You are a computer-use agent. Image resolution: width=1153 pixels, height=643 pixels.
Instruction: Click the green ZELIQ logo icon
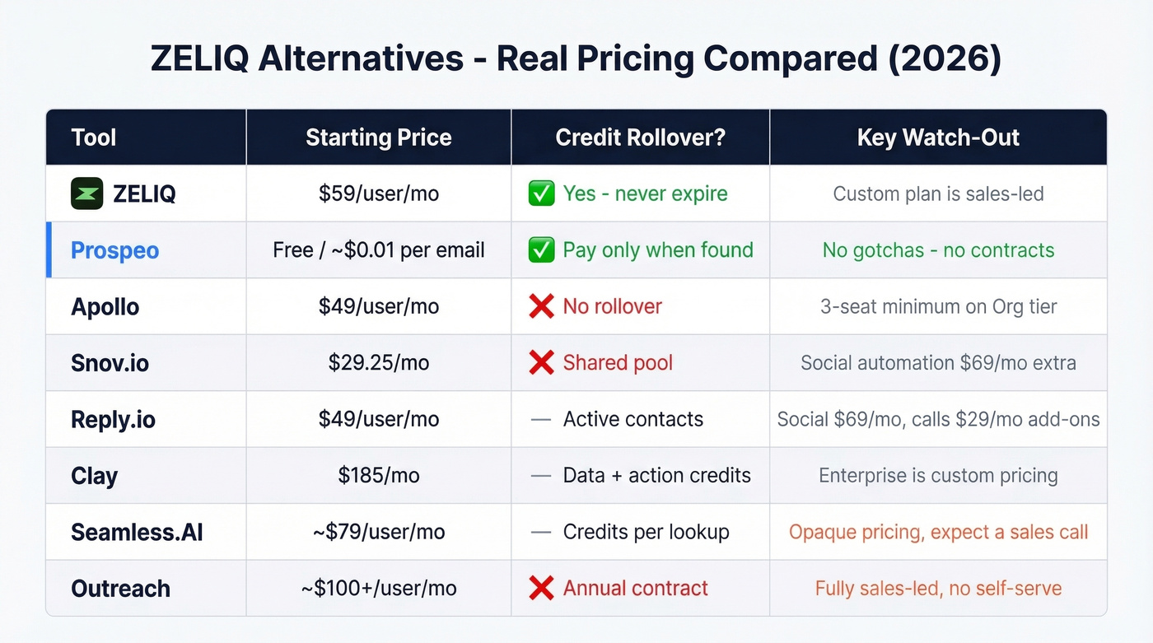click(86, 194)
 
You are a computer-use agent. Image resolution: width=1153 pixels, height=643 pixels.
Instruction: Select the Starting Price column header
click(378, 137)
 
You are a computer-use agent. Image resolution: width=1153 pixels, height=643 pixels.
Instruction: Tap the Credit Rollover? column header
click(640, 137)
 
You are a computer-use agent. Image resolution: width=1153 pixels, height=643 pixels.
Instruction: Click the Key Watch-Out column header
click(938, 137)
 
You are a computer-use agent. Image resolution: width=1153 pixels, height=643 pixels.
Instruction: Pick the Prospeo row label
click(114, 250)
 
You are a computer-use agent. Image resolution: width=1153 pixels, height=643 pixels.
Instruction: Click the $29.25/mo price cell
click(378, 363)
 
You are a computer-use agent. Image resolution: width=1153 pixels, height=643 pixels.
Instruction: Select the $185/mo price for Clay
click(378, 476)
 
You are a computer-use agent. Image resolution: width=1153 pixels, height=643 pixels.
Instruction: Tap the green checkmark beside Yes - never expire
click(541, 194)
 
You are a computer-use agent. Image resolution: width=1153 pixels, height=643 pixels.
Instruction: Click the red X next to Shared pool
click(541, 363)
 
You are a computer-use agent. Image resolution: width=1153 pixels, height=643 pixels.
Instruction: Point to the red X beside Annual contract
click(541, 589)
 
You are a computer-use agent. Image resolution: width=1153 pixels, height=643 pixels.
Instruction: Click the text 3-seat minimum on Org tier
click(938, 307)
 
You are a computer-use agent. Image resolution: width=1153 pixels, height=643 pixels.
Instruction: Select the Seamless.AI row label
click(137, 533)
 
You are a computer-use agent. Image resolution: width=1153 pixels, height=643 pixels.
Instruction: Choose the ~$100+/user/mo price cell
click(378, 589)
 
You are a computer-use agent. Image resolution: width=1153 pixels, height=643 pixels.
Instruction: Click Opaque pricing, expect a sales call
click(938, 533)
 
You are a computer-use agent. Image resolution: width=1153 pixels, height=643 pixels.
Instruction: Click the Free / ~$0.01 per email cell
click(378, 250)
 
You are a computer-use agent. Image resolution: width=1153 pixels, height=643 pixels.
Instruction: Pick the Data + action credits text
click(656, 476)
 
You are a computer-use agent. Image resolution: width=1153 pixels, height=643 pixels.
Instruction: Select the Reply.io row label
click(113, 420)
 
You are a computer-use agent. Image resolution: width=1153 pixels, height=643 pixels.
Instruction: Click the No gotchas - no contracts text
click(938, 250)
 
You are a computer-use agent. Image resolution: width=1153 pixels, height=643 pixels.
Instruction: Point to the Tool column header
click(93, 137)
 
